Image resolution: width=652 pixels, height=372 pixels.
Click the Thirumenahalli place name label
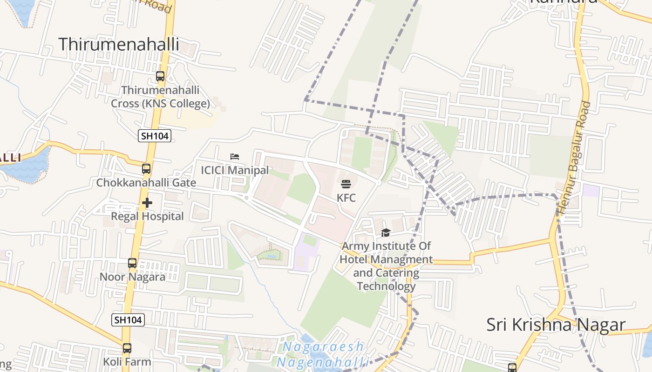pos(119,44)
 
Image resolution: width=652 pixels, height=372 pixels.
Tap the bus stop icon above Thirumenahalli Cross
pos(160,76)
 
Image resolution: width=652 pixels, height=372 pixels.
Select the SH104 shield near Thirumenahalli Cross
pos(155,136)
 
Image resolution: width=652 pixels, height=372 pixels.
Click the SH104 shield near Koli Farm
pos(128,319)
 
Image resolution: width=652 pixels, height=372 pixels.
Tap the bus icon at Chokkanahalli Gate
pos(146,169)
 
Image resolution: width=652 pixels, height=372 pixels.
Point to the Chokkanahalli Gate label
pos(146,183)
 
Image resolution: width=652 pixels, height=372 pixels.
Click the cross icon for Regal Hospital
pos(147,203)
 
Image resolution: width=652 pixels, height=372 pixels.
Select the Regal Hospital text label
pos(147,216)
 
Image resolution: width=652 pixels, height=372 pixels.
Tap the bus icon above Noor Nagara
pos(132,263)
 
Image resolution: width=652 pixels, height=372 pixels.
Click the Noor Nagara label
pos(132,277)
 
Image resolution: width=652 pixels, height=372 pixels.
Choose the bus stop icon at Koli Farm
pos(127,348)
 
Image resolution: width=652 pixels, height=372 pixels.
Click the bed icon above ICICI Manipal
pos(235,157)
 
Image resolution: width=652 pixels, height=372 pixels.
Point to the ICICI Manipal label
pos(235,170)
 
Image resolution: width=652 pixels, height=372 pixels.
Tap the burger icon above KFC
pos(346,184)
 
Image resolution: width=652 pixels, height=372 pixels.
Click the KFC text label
pos(346,198)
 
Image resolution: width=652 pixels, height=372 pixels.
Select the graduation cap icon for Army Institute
pos(386,232)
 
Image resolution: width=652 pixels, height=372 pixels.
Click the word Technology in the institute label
pos(386,286)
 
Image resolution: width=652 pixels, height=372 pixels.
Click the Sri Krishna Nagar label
pos(556,325)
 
